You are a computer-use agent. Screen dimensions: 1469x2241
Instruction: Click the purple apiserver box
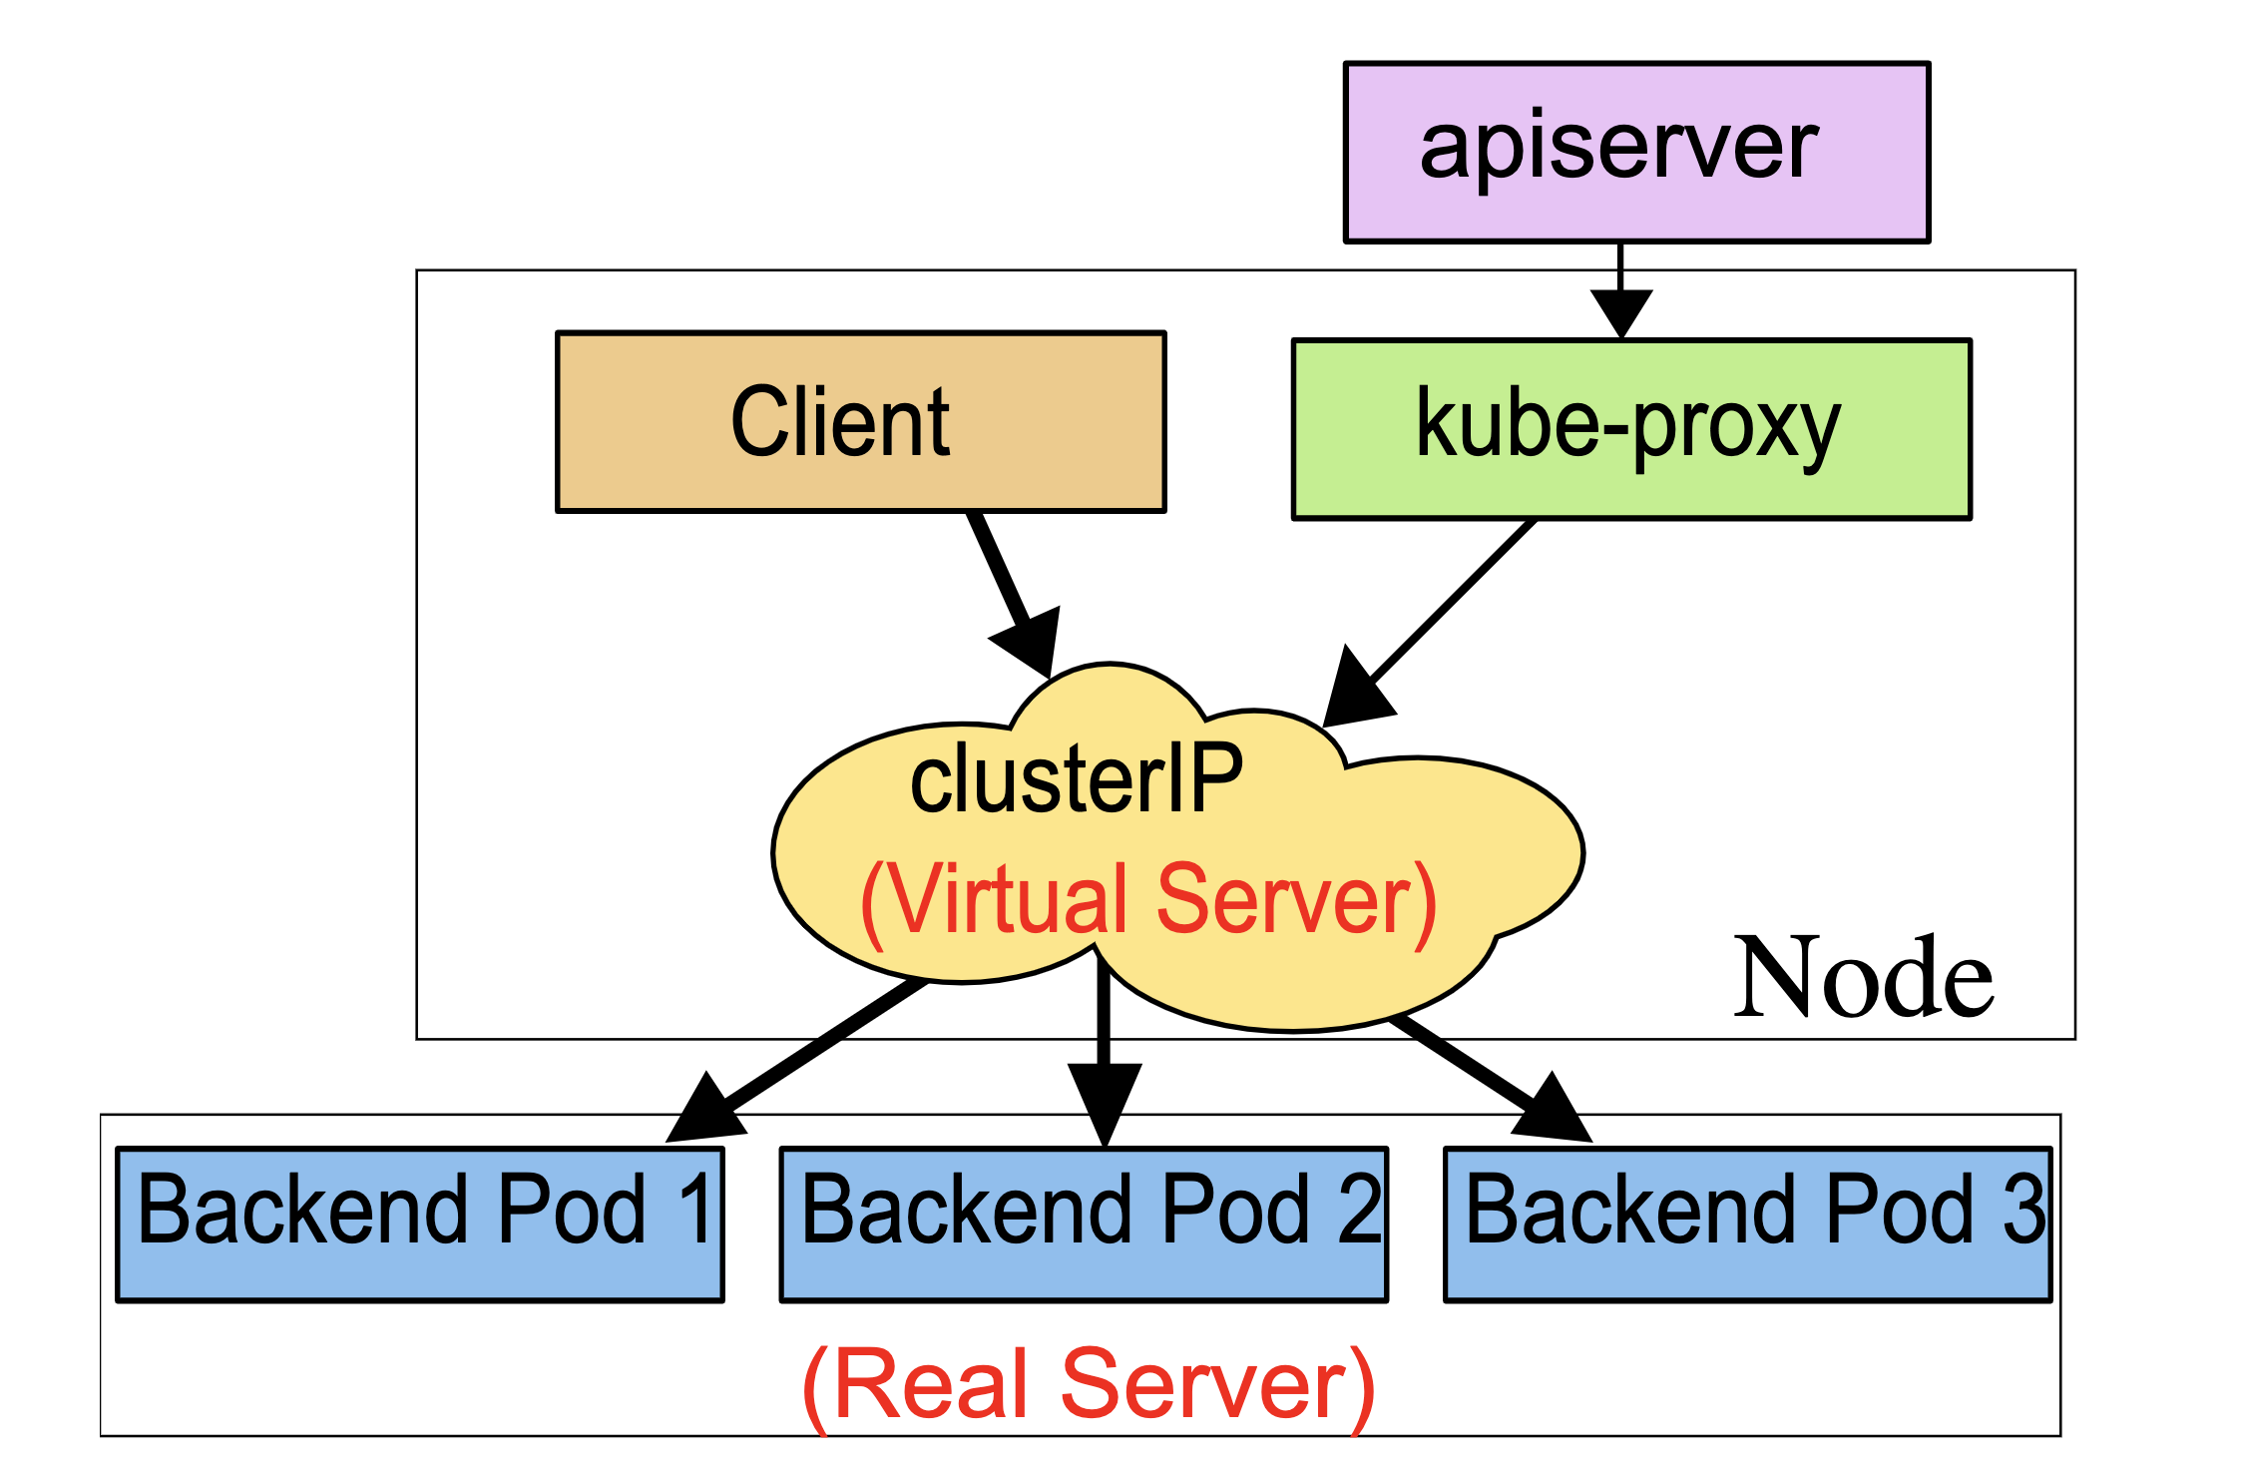(x=1636, y=152)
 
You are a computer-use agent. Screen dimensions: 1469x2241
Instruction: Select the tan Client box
(x=860, y=421)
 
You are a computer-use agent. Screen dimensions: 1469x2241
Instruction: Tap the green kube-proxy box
(x=1631, y=429)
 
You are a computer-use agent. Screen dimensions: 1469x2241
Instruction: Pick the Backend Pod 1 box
(x=419, y=1224)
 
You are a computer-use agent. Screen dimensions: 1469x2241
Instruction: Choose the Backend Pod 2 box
(x=1084, y=1224)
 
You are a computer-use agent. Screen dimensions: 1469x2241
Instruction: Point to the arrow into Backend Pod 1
(x=798, y=1063)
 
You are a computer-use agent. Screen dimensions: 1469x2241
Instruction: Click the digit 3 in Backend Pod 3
(x=2023, y=1210)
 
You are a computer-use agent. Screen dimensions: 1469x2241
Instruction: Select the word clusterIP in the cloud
(x=1076, y=778)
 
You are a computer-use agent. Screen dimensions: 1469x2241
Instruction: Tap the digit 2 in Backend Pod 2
(x=1359, y=1210)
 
